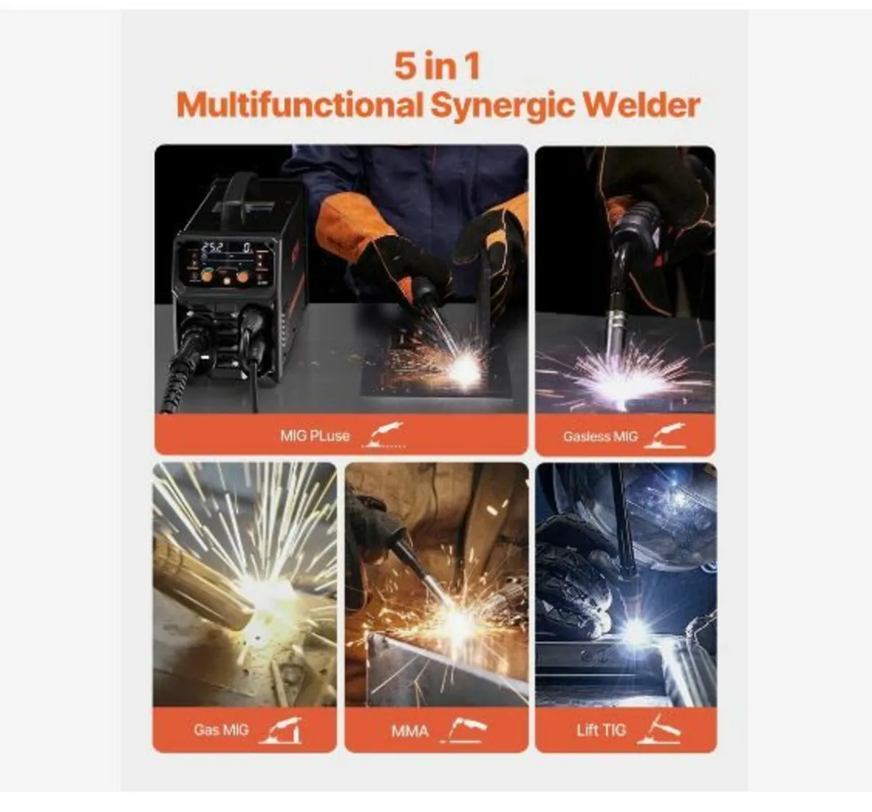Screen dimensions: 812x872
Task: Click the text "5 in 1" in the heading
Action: (437, 66)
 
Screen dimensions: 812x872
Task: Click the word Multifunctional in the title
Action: (299, 105)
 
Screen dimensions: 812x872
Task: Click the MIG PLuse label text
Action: (315, 436)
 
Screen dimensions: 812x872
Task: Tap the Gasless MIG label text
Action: (600, 437)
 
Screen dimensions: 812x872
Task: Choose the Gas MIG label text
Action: (221, 730)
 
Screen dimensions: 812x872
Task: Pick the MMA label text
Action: (411, 731)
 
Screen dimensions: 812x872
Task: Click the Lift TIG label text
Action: (601, 730)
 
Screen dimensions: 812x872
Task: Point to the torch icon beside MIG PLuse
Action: (384, 435)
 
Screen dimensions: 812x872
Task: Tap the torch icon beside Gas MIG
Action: (281, 730)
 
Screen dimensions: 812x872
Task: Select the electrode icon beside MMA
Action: (467, 729)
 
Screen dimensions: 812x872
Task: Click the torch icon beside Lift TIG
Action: (658, 729)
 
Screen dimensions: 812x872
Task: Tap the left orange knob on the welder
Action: (207, 276)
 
